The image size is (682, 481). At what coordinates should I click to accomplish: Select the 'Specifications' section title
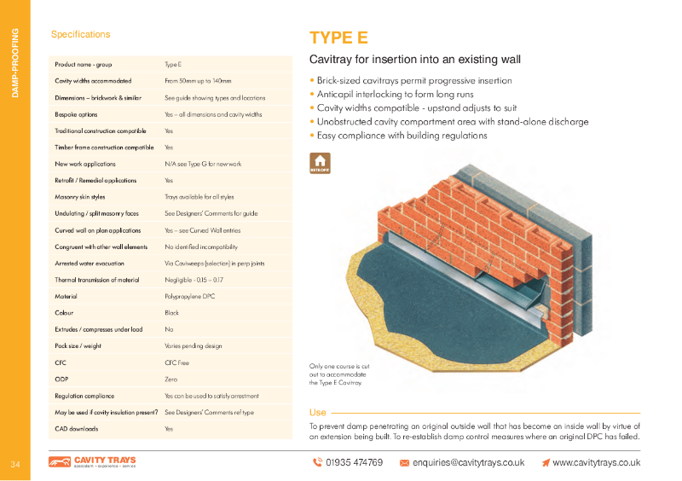(x=80, y=35)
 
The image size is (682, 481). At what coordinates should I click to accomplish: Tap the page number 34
(x=15, y=464)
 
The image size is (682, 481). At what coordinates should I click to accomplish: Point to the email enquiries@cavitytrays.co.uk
(x=468, y=462)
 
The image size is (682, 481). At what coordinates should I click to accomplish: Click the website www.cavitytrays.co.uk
(x=596, y=462)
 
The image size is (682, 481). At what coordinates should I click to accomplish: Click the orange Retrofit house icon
(x=321, y=162)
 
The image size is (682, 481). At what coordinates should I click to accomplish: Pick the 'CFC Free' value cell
(x=176, y=362)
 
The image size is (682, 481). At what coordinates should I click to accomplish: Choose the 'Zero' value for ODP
(x=170, y=380)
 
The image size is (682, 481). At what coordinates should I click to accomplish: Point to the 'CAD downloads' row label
(x=76, y=429)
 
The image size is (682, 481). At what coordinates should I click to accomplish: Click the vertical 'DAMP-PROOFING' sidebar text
(x=14, y=63)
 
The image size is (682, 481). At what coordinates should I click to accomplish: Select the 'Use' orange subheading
(x=317, y=413)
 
